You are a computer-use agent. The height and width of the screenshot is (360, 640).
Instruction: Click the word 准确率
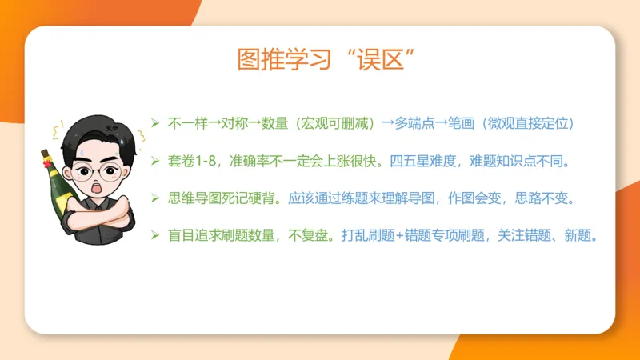[248, 162]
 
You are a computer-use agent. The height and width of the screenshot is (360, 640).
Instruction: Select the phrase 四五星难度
[426, 162]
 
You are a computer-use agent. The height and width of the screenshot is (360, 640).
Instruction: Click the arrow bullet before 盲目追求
[156, 236]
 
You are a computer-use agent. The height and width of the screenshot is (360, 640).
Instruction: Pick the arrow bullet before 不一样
[156, 124]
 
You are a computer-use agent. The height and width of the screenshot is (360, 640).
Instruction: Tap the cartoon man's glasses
[97, 171]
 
